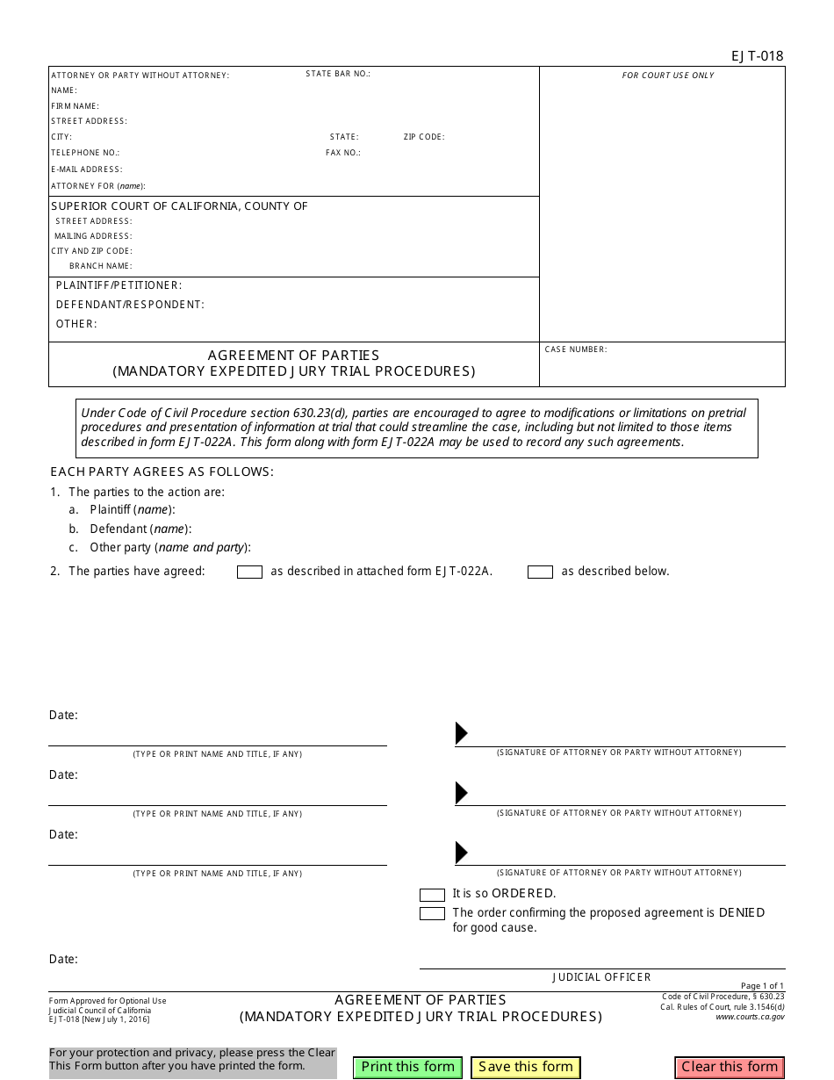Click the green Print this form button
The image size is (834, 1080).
408,1067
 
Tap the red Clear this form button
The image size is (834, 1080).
730,1067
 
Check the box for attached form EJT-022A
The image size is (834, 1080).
250,572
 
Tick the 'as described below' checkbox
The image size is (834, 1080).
540,572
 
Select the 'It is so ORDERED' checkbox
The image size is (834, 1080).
432,895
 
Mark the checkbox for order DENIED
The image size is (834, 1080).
432,914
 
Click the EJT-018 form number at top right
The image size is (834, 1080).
757,56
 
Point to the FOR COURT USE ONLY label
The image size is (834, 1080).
668,76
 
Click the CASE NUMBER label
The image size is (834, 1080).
576,349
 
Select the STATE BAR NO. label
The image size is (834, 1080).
338,74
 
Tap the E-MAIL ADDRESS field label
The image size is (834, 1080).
87,169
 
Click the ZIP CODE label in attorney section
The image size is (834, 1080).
424,137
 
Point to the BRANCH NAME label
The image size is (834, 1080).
101,266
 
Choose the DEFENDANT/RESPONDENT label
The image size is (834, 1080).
130,305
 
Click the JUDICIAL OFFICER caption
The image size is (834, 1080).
601,977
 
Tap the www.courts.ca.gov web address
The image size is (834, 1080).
750,1017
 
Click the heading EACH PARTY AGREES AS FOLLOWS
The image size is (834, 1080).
162,472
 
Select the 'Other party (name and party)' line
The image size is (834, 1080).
169,547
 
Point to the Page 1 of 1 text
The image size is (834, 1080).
762,986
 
